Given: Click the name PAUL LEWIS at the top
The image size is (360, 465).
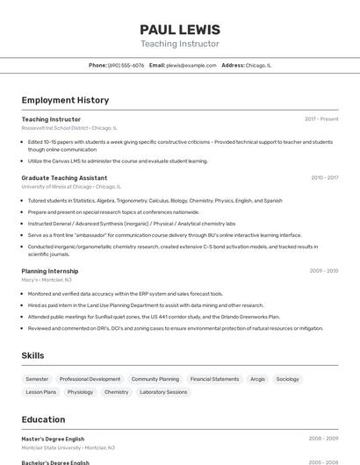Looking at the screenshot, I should pyautogui.click(x=180, y=29).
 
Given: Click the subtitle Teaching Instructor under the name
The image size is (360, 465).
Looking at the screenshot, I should pyautogui.click(x=180, y=44).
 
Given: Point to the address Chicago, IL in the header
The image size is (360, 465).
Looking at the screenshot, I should pyautogui.click(x=258, y=65).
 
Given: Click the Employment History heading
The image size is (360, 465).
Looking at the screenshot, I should pyautogui.click(x=65, y=100).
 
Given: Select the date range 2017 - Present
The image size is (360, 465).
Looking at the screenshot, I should pyautogui.click(x=321, y=118).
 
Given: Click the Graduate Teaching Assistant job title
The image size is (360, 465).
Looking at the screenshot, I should pyautogui.click(x=64, y=177).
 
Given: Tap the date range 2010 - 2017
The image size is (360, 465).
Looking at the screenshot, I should pyautogui.click(x=324, y=177).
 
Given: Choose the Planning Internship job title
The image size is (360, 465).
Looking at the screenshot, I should pyautogui.click(x=50, y=271).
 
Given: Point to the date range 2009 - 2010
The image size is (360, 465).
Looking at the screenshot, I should pyautogui.click(x=323, y=271).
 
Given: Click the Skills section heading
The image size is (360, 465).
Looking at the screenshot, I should pyautogui.click(x=33, y=354).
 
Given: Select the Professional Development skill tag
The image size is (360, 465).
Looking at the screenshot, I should pyautogui.click(x=90, y=379).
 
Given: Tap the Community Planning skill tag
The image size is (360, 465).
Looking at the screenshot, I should pyautogui.click(x=155, y=379).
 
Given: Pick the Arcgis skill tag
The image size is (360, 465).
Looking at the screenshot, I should pyautogui.click(x=257, y=379).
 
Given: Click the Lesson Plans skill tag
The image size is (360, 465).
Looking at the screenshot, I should pyautogui.click(x=41, y=392).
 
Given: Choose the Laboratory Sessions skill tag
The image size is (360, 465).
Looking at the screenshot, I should pyautogui.click(x=163, y=392).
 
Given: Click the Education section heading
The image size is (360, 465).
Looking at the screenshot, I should pyautogui.click(x=43, y=419).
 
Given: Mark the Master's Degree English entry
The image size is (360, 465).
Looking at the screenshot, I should pyautogui.click(x=53, y=439).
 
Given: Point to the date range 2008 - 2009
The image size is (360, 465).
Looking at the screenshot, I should pyautogui.click(x=323, y=439).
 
